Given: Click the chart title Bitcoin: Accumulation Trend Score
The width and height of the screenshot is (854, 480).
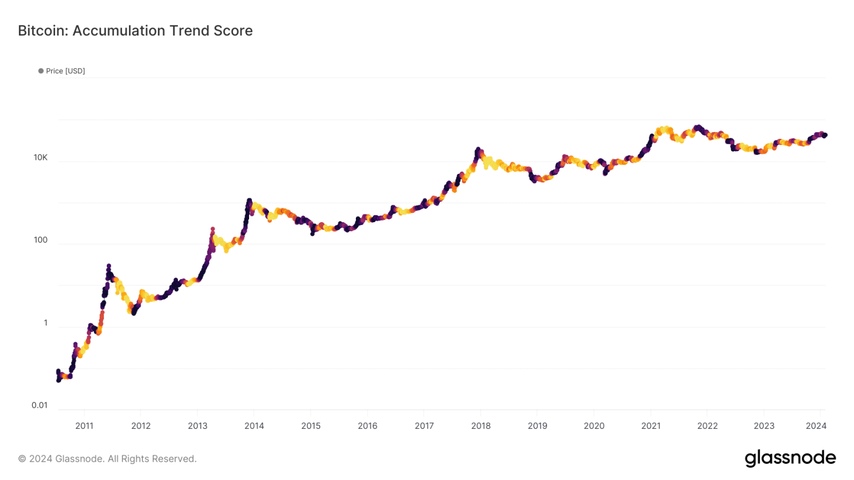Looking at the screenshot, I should tap(135, 31).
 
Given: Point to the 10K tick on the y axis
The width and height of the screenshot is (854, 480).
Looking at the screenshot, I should tap(41, 157).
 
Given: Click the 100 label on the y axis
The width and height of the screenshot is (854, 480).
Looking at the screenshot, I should tap(41, 240).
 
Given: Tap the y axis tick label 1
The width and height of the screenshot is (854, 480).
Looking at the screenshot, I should tap(46, 323).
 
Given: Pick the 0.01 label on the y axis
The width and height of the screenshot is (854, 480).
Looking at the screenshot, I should tap(39, 405).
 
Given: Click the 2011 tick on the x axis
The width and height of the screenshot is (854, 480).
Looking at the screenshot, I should tap(85, 426).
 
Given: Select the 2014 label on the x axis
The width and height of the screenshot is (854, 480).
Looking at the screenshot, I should tap(254, 426).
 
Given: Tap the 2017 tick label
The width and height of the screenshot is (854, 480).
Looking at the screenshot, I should tap(424, 426).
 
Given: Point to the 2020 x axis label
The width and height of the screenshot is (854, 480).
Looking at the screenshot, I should tap(594, 426).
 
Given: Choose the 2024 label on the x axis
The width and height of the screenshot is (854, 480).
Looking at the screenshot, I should tap(816, 426).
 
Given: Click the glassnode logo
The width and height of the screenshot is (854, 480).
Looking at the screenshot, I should tap(790, 458).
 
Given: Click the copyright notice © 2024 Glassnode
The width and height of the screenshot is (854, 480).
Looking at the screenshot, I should tap(107, 459).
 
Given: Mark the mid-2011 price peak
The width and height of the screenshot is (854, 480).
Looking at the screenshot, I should tap(108, 266).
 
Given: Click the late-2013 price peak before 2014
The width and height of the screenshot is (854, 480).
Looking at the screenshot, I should tap(249, 201).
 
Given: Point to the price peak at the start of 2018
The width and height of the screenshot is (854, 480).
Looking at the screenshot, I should tap(478, 149).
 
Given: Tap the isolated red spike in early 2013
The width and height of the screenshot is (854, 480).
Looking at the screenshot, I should tap(212, 229).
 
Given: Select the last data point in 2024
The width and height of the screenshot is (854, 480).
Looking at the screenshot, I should tap(825, 135).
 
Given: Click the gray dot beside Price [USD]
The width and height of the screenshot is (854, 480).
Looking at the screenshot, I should tap(41, 71).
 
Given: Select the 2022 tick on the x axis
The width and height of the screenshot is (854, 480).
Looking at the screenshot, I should tap(707, 426).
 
